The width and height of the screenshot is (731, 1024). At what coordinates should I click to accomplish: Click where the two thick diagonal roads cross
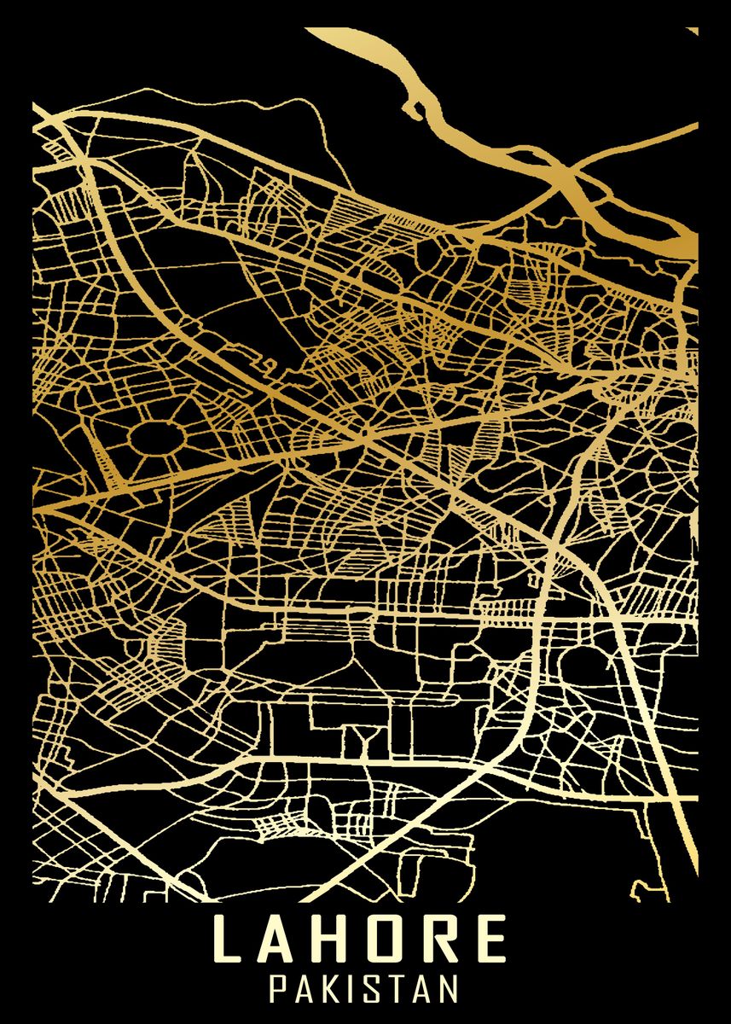(367, 438)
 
